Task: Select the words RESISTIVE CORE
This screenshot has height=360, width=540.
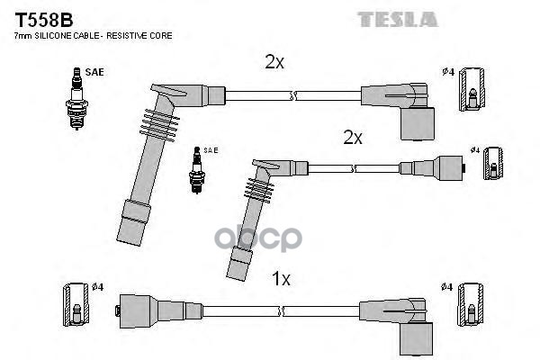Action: click(x=144, y=35)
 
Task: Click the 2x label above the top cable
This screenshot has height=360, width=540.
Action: click(x=274, y=61)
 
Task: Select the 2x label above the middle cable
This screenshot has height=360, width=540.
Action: click(x=352, y=137)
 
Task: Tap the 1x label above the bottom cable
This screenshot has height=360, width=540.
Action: click(x=282, y=279)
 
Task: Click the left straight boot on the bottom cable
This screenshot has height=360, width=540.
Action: click(x=134, y=310)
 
